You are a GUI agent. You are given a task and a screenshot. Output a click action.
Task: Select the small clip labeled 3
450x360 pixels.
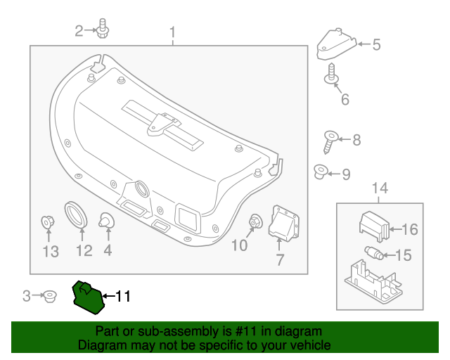coord(49,296)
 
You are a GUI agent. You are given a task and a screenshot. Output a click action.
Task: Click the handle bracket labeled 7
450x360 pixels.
coord(283,224)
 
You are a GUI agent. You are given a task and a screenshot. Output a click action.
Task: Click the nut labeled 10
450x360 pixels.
coord(255,223)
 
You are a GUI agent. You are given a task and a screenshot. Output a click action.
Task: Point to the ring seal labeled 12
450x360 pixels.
coord(75,215)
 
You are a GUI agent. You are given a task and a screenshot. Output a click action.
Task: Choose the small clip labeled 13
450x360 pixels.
coord(48,224)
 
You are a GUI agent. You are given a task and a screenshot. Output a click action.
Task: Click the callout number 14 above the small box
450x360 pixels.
coord(379,188)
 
